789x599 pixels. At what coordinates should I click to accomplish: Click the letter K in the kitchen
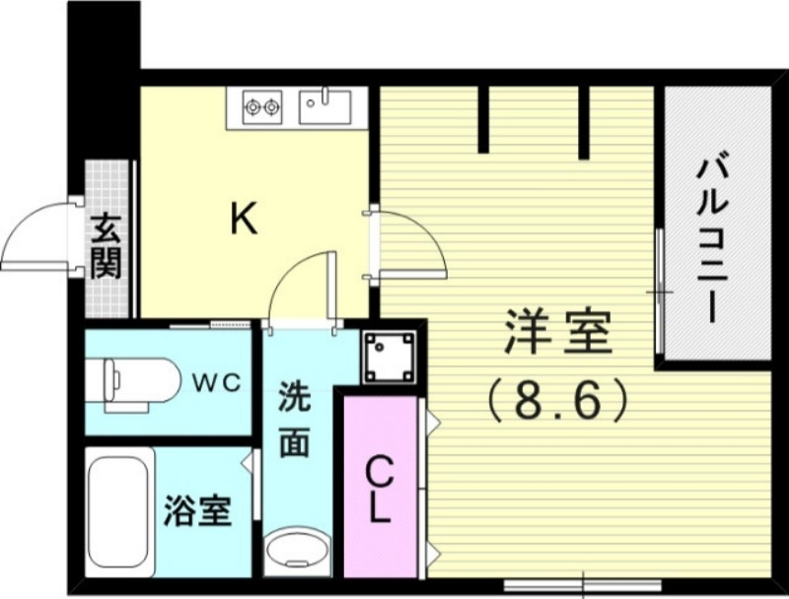[x=244, y=219]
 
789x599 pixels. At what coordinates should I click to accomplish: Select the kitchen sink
[x=324, y=103]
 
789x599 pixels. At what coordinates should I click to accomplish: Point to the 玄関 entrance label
[x=106, y=246]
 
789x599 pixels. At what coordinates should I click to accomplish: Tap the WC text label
[x=216, y=381]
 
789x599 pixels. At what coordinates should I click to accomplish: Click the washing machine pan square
[x=389, y=354]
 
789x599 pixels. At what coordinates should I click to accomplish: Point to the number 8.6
[x=558, y=400]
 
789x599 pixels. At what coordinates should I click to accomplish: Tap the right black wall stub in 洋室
[x=584, y=122]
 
